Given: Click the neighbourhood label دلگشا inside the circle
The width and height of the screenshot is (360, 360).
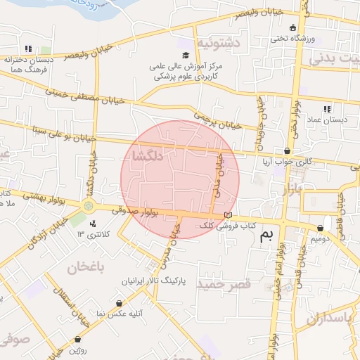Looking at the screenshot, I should pos(147,157).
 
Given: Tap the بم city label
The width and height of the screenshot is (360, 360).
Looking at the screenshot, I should pos(265,236).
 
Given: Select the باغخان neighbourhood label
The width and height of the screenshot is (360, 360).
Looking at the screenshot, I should pos(86,266).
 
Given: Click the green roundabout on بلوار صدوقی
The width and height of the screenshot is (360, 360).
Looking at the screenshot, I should pos(89,206).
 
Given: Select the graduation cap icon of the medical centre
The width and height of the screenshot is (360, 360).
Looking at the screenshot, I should pos(186,56).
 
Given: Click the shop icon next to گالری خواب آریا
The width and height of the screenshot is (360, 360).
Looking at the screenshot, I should pos(287,151).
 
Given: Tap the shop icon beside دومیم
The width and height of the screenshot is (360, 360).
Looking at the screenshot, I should pos(321,228).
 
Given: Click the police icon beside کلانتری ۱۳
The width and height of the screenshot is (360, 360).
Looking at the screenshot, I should pos(93,223).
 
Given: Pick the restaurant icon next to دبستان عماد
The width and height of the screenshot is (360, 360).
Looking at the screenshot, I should pos(326,109).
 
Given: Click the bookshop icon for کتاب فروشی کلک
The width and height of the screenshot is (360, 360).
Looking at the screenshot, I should pos(227,215).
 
